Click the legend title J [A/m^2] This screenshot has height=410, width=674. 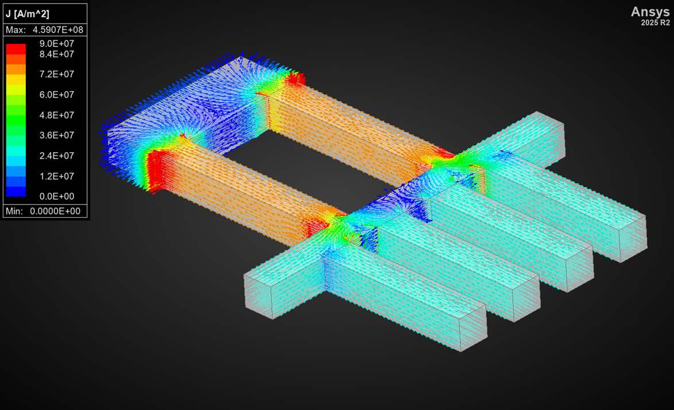tap(28, 14)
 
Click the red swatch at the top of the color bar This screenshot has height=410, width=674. tap(16, 49)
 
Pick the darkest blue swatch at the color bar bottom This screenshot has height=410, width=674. tap(16, 192)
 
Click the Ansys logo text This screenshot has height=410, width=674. tap(650, 12)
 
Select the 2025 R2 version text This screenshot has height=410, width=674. tap(655, 23)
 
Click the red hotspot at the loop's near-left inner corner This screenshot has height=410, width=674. tap(155, 169)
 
